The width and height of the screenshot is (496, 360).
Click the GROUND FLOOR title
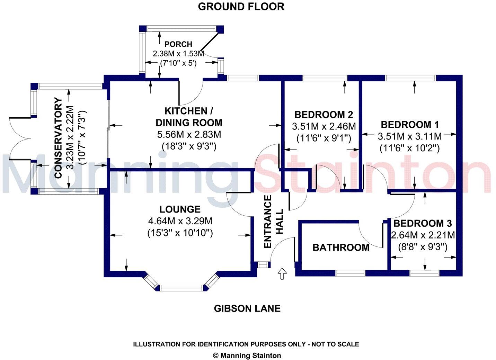point(241,7)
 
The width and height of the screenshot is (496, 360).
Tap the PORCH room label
point(178,44)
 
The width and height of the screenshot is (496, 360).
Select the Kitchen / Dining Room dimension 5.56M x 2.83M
point(189,134)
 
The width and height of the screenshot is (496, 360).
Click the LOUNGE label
point(180,209)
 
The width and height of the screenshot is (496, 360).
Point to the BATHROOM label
point(341,247)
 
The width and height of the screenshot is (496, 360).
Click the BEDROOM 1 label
point(410,125)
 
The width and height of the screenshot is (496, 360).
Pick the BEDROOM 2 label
point(324,115)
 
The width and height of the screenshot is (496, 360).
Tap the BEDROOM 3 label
point(422,224)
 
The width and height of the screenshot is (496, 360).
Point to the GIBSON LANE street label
point(247,308)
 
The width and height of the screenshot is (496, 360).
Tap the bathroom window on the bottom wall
point(350,273)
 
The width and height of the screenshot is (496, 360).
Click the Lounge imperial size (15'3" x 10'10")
point(180,233)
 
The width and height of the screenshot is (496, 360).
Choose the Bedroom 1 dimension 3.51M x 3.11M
point(410,136)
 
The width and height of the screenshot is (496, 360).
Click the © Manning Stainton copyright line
point(247,355)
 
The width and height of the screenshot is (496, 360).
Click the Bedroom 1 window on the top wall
point(410,78)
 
